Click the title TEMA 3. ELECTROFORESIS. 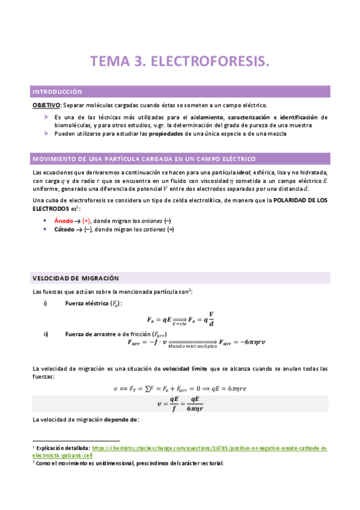click(x=180, y=61)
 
